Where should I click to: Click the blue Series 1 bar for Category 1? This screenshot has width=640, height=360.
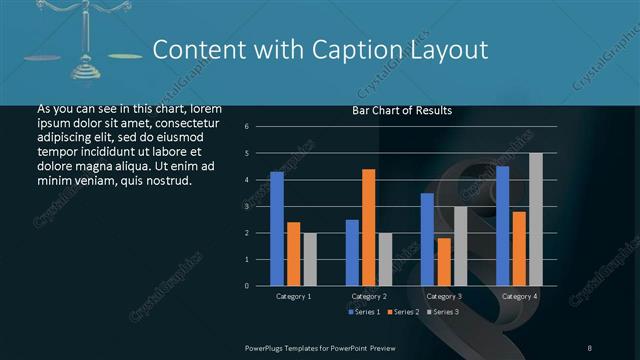tap(277, 229)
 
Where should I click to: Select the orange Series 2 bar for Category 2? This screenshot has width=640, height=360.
tap(369, 227)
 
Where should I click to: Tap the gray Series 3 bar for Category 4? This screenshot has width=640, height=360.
tap(536, 219)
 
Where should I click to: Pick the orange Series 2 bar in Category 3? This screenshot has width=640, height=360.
tap(444, 262)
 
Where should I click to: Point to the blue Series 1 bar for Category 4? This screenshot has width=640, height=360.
tap(502, 226)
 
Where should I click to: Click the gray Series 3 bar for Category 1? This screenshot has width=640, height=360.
tap(310, 259)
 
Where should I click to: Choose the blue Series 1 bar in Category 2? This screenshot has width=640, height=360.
tap(352, 253)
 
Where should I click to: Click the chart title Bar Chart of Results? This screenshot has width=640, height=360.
tap(402, 110)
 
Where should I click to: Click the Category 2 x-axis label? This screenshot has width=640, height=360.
tap(369, 297)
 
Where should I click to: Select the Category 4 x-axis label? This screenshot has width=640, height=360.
tap(519, 297)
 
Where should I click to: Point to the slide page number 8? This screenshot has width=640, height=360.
tap(590, 347)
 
